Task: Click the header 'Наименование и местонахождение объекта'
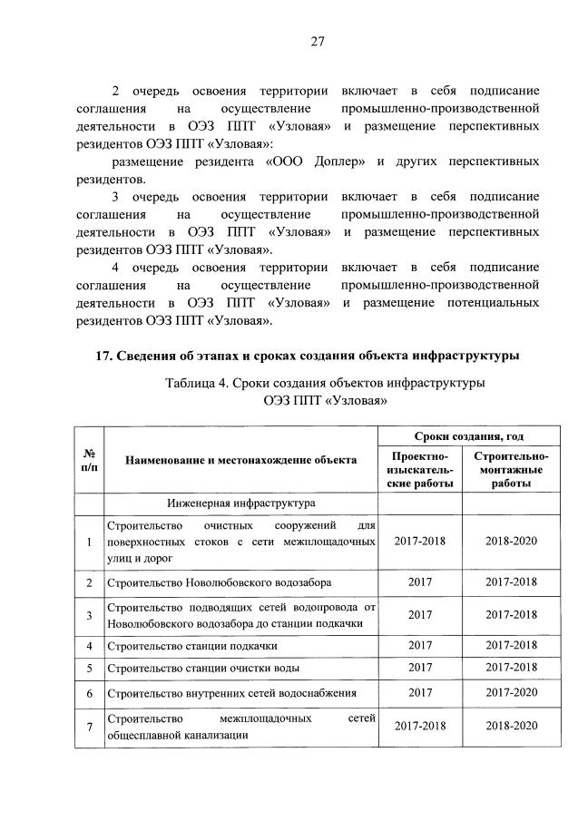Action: pyautogui.click(x=241, y=460)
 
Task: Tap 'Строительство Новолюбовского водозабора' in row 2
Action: pyautogui.click(x=219, y=581)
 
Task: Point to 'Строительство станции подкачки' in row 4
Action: pyautogui.click(x=192, y=646)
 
